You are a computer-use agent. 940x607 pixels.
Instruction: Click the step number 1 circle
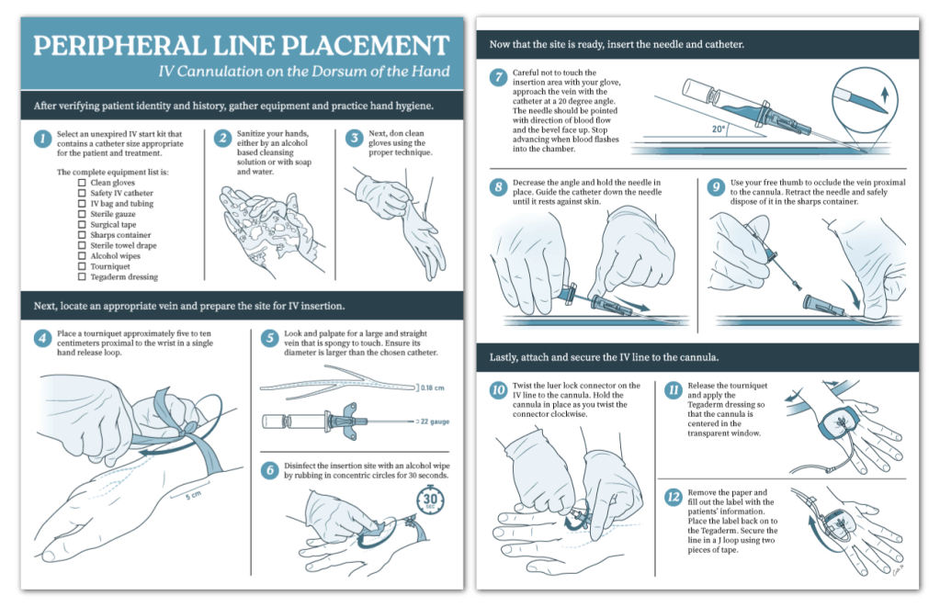click(41, 139)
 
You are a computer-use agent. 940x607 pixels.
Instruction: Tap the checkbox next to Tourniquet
click(82, 266)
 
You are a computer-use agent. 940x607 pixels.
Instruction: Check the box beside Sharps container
click(82, 235)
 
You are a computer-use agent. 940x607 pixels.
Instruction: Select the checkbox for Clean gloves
click(82, 182)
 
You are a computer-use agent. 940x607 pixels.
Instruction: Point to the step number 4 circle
click(41, 338)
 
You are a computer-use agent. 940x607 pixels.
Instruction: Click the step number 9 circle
click(716, 187)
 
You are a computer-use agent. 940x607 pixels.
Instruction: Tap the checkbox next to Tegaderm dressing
click(82, 276)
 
